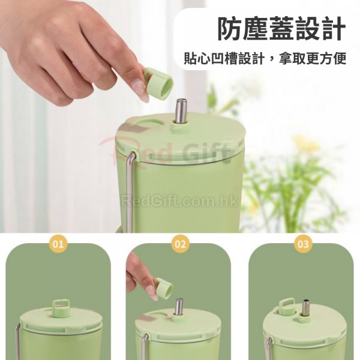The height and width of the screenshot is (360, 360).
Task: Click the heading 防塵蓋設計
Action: pyautogui.click(x=281, y=29)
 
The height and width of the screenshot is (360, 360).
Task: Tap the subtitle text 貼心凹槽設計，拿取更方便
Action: pyautogui.click(x=265, y=59)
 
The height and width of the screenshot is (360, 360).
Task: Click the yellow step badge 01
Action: pyautogui.click(x=58, y=244)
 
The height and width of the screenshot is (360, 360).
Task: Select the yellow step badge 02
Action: pyautogui.click(x=180, y=244)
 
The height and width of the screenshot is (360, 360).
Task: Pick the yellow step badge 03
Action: pyautogui.click(x=302, y=244)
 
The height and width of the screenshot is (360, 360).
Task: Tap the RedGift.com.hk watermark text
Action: pyautogui.click(x=179, y=202)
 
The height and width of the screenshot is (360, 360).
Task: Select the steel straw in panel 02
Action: pyautogui.click(x=179, y=307)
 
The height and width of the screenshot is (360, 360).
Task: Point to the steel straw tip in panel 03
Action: pyautogui.click(x=305, y=301)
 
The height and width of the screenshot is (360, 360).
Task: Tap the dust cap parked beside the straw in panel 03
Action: pyautogui.click(x=287, y=307)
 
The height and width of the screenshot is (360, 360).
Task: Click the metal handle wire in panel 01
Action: pyautogui.click(x=18, y=340)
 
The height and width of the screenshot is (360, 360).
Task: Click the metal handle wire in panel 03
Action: pyautogui.click(x=268, y=349)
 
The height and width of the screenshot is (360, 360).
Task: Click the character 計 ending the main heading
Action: pyautogui.click(x=333, y=29)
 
